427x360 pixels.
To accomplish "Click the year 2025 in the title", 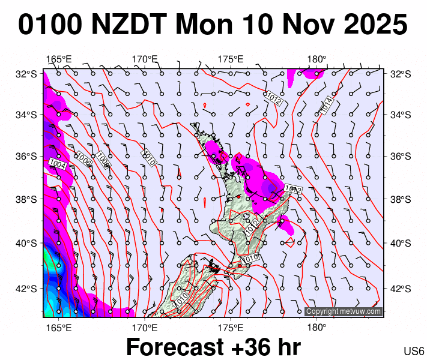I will (x=373, y=25).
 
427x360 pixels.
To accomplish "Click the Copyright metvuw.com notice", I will (x=343, y=311).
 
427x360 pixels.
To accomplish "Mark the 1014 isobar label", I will (x=327, y=106).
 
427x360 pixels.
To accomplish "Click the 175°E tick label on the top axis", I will (x=231, y=59).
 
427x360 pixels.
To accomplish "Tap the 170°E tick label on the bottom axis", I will (x=145, y=328).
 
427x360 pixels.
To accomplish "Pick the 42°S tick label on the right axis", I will (x=399, y=288).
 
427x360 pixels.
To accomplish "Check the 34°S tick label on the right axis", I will (x=399, y=115).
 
